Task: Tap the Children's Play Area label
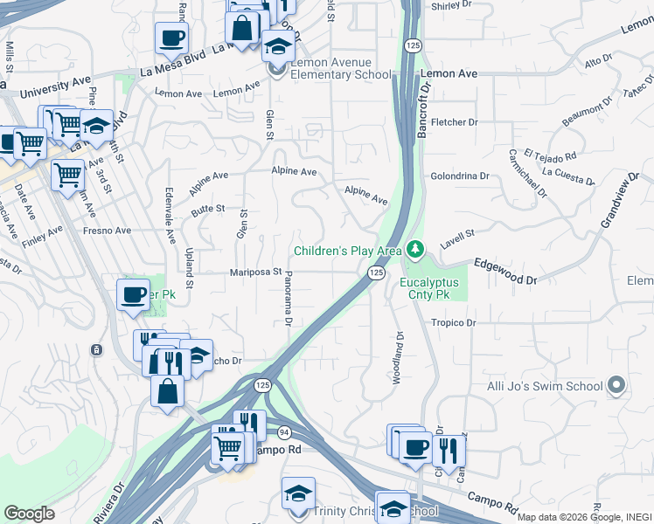point(347,252)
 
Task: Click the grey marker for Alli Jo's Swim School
point(616,385)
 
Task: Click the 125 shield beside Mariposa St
point(375,273)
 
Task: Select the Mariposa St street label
point(255,272)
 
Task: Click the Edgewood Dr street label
point(504,271)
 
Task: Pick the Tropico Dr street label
point(452,322)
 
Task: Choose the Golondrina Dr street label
point(460,176)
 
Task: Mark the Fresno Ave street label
point(107,231)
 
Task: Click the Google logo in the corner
point(29,514)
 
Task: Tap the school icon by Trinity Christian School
point(298,493)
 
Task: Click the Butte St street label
point(208,210)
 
